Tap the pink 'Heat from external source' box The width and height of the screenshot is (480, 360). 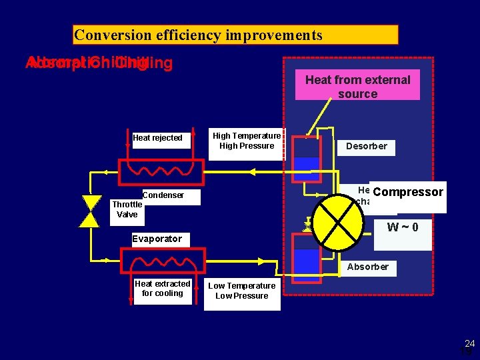[x=357, y=86]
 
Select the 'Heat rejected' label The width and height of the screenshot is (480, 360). [x=157, y=138]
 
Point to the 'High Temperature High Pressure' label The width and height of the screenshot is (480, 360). [x=247, y=141]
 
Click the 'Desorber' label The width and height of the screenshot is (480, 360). [x=366, y=147]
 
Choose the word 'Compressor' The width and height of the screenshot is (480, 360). [x=408, y=193]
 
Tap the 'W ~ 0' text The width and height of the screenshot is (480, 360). [x=403, y=227]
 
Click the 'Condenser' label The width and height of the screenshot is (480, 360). [x=163, y=195]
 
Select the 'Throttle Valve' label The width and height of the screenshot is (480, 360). [x=127, y=209]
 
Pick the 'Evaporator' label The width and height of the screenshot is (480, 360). [x=157, y=239]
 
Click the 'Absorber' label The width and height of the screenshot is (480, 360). [x=367, y=267]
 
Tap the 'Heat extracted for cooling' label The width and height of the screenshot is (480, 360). [x=162, y=288]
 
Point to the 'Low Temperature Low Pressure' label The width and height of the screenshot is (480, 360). [x=241, y=291]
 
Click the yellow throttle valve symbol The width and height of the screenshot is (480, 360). [x=89, y=211]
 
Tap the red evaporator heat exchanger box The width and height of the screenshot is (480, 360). [x=162, y=260]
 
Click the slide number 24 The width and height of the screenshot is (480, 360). [x=469, y=344]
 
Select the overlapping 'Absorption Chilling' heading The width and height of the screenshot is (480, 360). [x=99, y=63]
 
